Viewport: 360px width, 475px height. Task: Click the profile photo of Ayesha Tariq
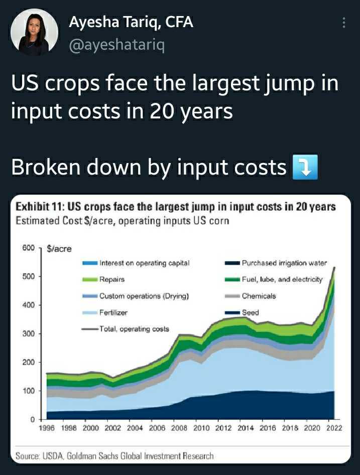pyautogui.click(x=34, y=32)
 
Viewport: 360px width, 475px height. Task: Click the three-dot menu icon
pyautogui.click(x=344, y=23)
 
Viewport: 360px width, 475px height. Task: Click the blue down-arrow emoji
pyautogui.click(x=305, y=168)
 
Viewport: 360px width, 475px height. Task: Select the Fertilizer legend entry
pyautogui.click(x=113, y=312)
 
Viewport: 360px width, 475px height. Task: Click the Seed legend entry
pyautogui.click(x=250, y=312)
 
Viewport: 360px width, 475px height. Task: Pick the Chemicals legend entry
pyautogui.click(x=259, y=296)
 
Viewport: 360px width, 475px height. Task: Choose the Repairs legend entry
pyautogui.click(x=111, y=279)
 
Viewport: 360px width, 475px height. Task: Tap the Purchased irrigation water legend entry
pyautogui.click(x=284, y=263)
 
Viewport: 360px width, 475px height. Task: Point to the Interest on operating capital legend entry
pyautogui.click(x=144, y=263)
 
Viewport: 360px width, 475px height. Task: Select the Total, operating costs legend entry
pyautogui.click(x=134, y=329)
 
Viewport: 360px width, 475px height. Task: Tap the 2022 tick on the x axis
pyautogui.click(x=334, y=428)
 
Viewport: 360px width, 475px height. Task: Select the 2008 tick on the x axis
pyautogui.click(x=179, y=428)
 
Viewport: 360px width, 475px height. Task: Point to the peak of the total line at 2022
pyautogui.click(x=334, y=268)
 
